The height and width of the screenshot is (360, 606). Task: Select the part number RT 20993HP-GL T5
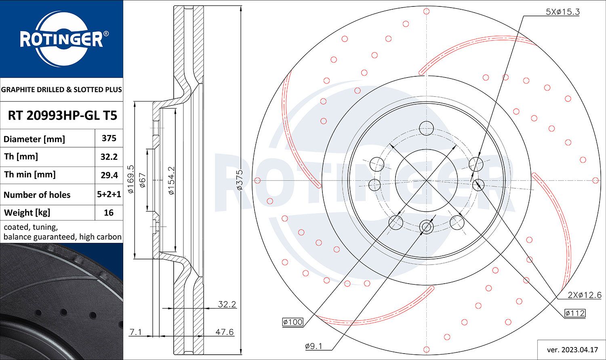62,116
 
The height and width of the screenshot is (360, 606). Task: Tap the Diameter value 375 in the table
109,138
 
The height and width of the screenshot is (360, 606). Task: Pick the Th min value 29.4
109,175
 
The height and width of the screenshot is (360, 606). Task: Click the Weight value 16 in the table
109,213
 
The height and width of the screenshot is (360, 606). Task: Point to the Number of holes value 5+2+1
109,194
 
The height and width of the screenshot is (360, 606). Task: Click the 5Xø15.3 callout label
562,12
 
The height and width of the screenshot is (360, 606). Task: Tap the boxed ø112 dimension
575,313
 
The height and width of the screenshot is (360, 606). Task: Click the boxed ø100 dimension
293,322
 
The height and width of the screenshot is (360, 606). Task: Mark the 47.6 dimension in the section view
224,332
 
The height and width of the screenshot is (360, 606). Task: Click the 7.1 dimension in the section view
135,332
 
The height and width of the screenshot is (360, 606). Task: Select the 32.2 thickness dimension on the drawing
227,304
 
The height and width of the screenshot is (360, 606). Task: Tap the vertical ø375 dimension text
239,180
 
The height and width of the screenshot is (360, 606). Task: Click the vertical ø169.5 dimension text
130,179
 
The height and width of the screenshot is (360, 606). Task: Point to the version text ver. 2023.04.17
572,349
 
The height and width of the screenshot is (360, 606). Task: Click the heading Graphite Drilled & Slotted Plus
61,90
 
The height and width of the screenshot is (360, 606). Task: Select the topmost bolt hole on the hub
426,128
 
